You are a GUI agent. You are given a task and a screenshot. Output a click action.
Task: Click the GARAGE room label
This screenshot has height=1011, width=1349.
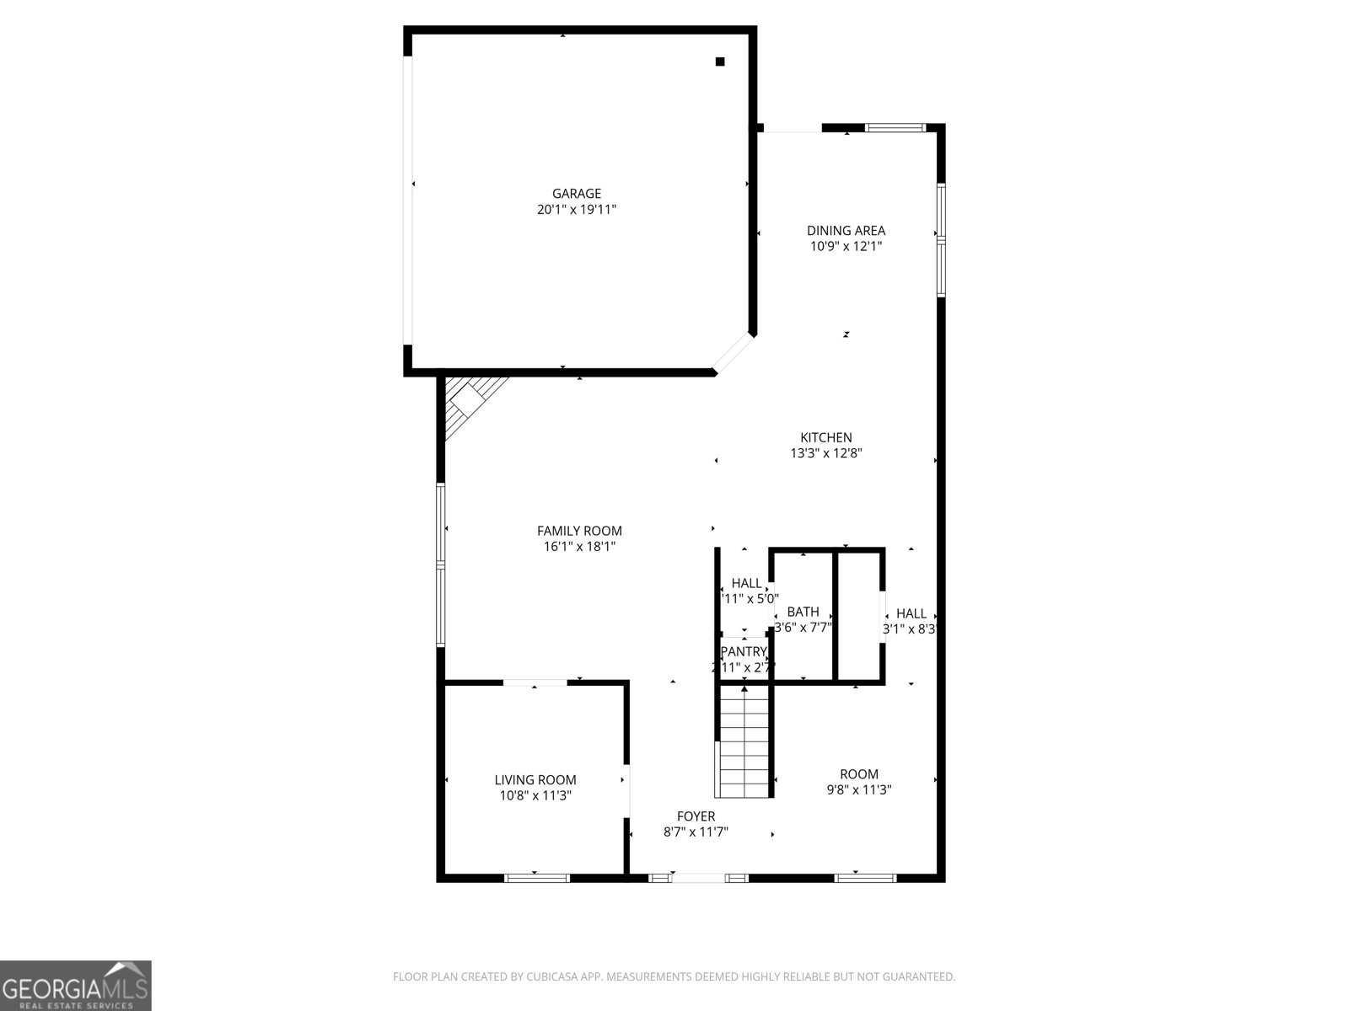pyautogui.click(x=577, y=194)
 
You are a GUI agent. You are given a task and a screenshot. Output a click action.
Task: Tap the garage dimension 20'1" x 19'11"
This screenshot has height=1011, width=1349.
pyautogui.click(x=577, y=210)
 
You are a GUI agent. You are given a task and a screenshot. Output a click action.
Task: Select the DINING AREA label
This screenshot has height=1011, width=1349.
pyautogui.click(x=846, y=231)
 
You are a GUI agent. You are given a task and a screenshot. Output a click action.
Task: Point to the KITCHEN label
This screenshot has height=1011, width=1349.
pyautogui.click(x=826, y=437)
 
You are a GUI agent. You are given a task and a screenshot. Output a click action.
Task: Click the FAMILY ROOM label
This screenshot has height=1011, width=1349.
pyautogui.click(x=579, y=531)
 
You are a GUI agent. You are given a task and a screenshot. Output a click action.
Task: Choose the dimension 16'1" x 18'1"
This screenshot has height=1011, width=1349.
pyautogui.click(x=579, y=547)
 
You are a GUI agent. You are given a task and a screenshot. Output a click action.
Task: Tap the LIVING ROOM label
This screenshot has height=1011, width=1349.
pyautogui.click(x=535, y=780)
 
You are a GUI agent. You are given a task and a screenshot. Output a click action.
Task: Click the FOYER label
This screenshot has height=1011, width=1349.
pyautogui.click(x=696, y=816)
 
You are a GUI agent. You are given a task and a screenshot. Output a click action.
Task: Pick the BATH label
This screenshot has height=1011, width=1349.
pyautogui.click(x=803, y=612)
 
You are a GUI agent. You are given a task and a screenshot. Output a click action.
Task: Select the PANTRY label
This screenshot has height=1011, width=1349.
pyautogui.click(x=744, y=651)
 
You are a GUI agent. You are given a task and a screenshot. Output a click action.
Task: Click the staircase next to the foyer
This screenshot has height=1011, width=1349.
pyautogui.click(x=744, y=741)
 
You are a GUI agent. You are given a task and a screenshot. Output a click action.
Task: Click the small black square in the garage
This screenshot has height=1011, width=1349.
pyautogui.click(x=720, y=61)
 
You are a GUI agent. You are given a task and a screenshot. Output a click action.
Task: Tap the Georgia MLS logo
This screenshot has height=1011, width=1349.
pyautogui.click(x=76, y=985)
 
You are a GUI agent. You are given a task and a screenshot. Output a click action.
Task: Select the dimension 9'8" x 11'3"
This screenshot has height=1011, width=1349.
pyautogui.click(x=858, y=790)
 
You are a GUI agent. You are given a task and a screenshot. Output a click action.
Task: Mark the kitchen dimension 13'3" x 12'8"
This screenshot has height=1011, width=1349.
pyautogui.click(x=826, y=453)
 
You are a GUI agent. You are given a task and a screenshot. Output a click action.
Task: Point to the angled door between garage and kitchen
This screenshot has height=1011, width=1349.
pyautogui.click(x=732, y=352)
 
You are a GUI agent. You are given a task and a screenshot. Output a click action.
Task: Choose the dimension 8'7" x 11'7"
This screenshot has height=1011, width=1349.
pyautogui.click(x=696, y=832)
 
